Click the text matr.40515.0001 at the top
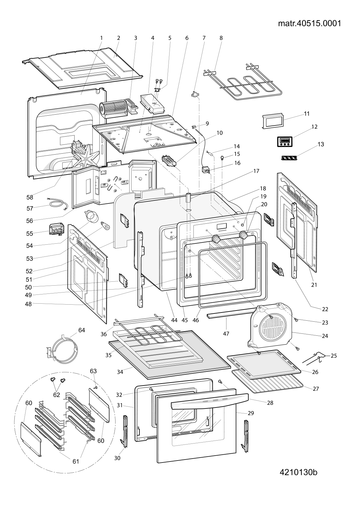coord(310,24)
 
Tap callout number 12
coord(315,126)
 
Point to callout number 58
coord(30,197)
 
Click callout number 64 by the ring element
coord(81,330)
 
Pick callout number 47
coord(226,333)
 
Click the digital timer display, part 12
coord(285,142)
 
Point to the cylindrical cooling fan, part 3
coord(114,109)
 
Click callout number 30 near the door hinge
coord(117,458)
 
